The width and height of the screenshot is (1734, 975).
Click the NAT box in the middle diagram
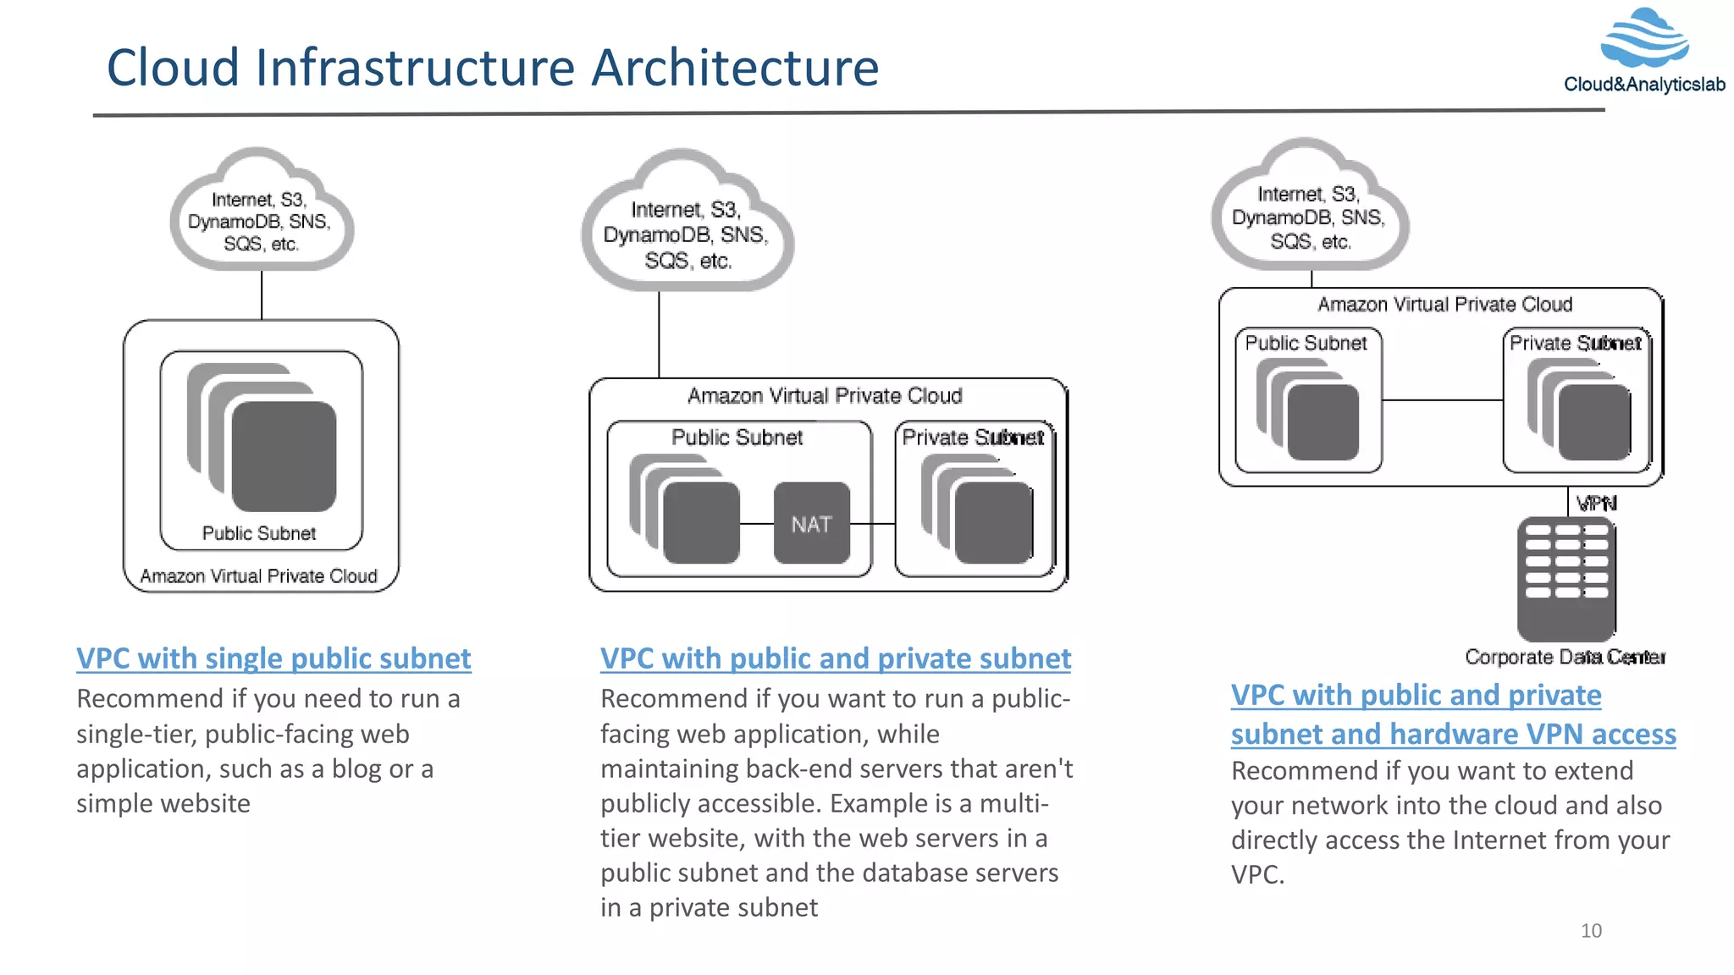pos(811,523)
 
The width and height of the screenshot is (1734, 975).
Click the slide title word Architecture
pos(735,68)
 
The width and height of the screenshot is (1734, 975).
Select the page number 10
pos(1591,931)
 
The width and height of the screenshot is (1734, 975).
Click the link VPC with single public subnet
pos(273,658)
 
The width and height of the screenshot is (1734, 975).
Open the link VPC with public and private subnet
pos(835,658)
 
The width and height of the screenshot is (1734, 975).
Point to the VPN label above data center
pos(1596,504)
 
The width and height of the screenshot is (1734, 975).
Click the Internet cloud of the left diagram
pos(262,216)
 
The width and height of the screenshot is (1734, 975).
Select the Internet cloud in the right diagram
pos(1309,212)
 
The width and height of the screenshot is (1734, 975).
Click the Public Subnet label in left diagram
pos(259,533)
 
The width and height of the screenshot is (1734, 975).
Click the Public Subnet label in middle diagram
pos(737,438)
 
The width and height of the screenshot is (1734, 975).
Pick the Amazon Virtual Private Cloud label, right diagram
pos(1444,305)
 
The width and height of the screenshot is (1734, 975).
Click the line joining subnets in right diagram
pos(1442,400)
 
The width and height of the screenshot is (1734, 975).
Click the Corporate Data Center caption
pos(1565,657)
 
